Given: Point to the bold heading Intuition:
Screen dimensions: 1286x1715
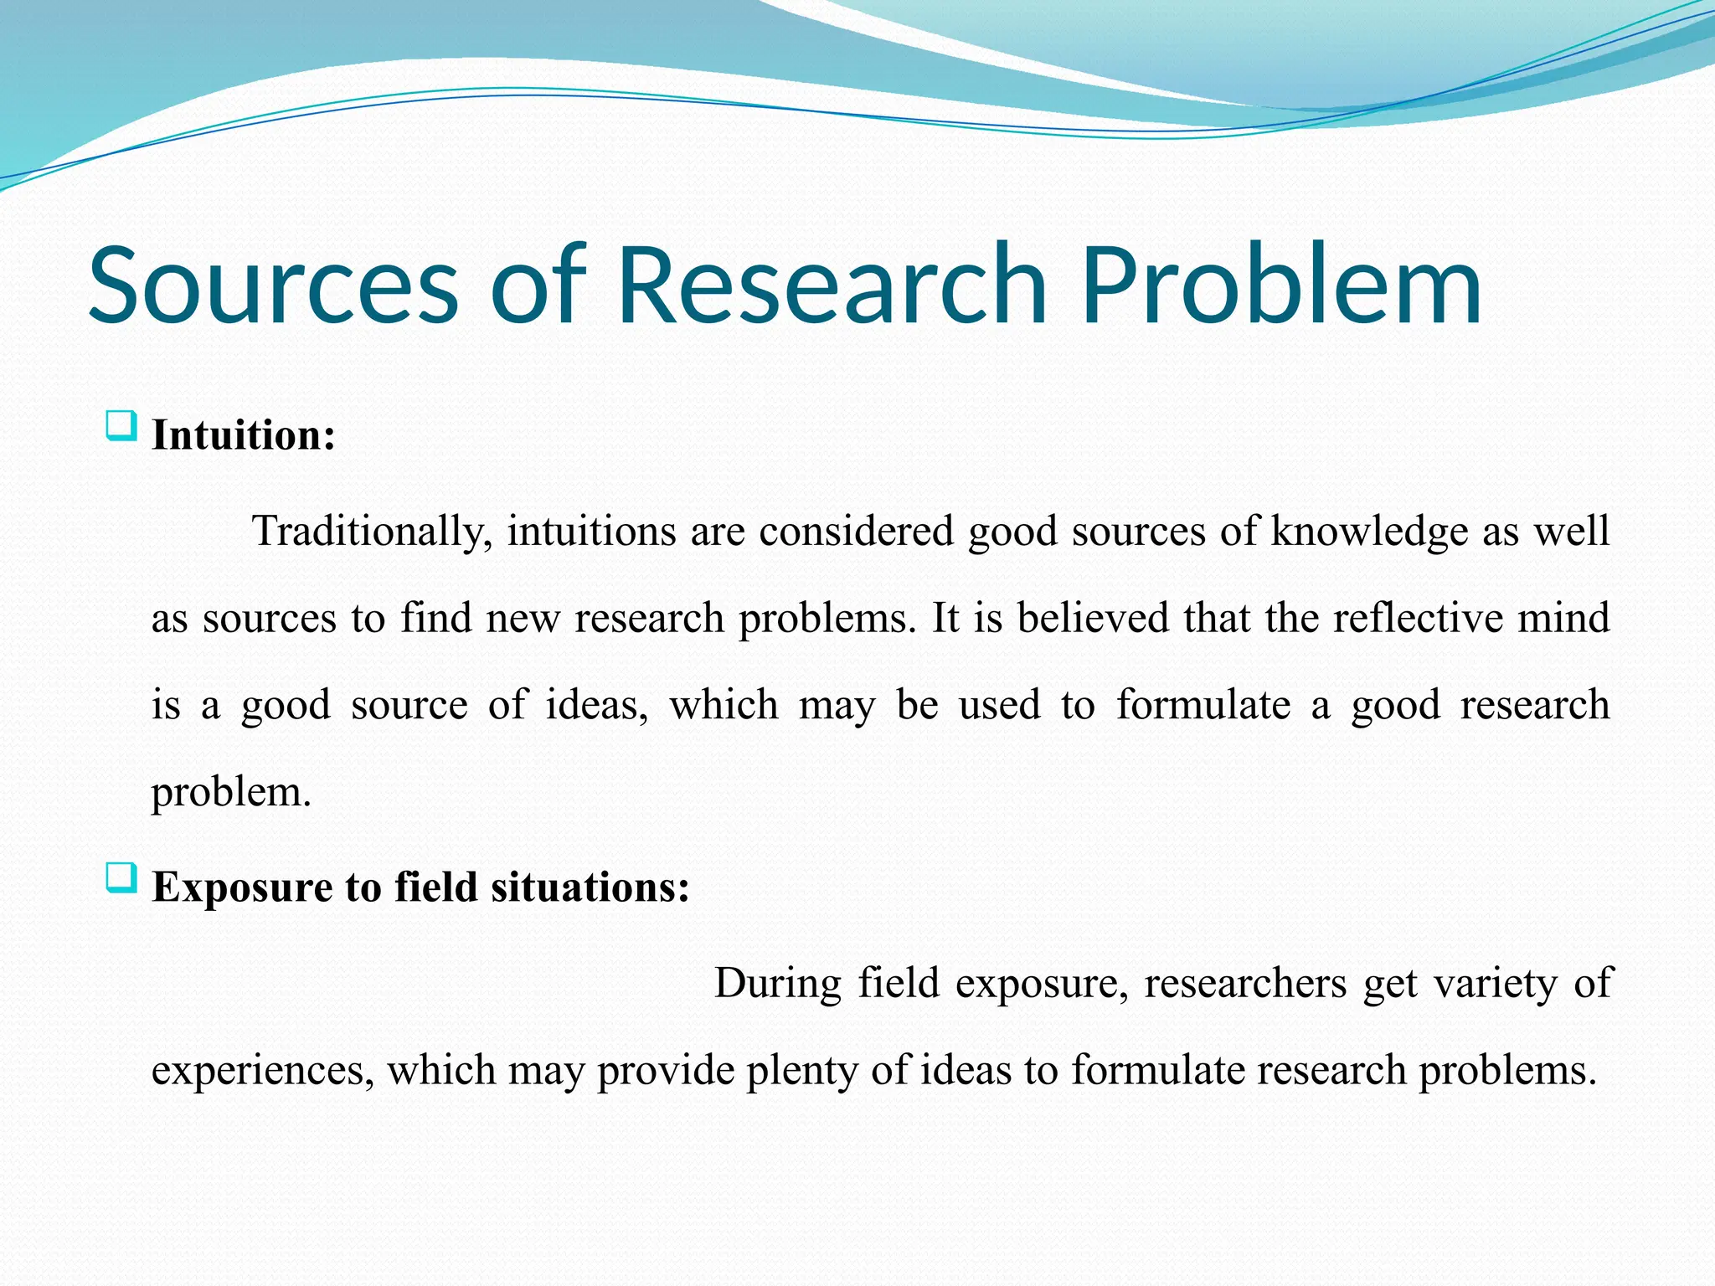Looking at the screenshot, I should tap(243, 435).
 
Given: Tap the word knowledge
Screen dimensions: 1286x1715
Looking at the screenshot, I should tap(1369, 532).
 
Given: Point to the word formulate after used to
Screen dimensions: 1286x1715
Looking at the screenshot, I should tap(1203, 705).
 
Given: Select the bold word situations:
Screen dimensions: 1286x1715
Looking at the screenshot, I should tap(590, 887).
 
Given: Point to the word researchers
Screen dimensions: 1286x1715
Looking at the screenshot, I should tap(1244, 983).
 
